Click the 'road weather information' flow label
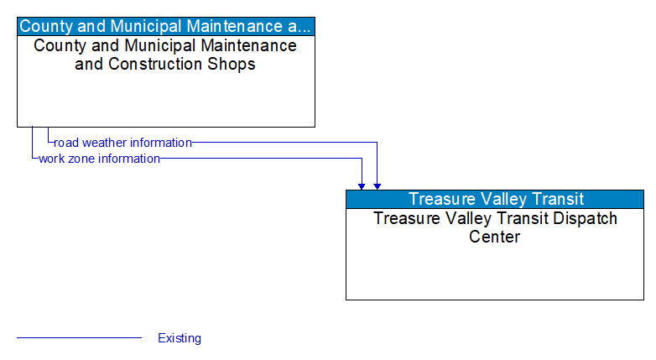(x=122, y=143)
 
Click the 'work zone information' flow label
(x=99, y=159)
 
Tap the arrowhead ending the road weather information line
(x=377, y=185)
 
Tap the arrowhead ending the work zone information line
(x=362, y=185)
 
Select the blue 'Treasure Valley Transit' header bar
(x=495, y=199)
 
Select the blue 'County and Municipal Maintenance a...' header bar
(x=166, y=26)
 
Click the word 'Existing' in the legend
(x=180, y=338)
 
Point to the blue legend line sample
(x=79, y=338)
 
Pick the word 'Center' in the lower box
(x=495, y=237)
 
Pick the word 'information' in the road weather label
(x=160, y=143)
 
